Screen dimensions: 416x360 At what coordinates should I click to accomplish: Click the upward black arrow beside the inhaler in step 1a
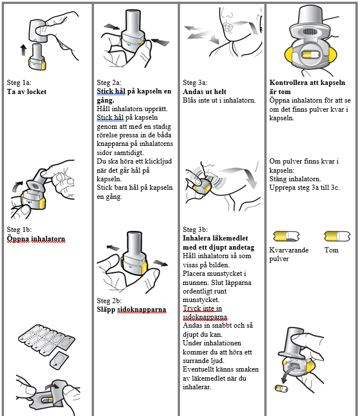[23, 50]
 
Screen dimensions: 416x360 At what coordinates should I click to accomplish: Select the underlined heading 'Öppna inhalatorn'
[36, 239]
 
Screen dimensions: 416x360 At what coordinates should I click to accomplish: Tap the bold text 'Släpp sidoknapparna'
[132, 309]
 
